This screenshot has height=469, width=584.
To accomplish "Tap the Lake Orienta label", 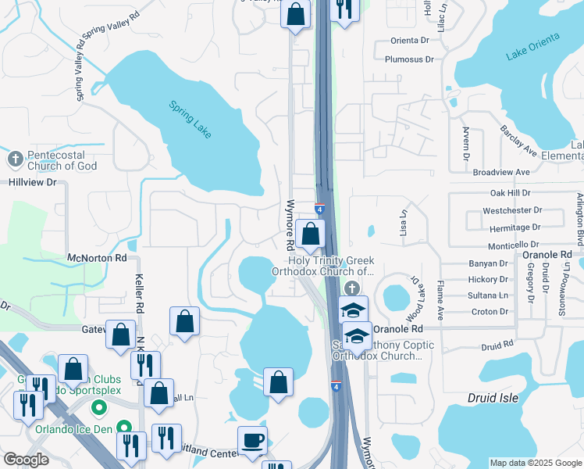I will (533, 46).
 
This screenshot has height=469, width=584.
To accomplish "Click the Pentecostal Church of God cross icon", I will (15, 159).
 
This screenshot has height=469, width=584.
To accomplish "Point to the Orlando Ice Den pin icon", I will (123, 428).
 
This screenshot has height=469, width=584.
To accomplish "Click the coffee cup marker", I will (252, 440).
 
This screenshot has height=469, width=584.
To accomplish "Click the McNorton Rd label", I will (97, 257).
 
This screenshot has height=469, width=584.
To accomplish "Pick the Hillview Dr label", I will (34, 182).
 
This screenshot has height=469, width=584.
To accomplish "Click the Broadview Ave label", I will (501, 172).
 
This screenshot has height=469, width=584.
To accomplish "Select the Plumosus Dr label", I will (409, 59).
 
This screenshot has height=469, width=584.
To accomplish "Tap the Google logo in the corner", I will (25, 460).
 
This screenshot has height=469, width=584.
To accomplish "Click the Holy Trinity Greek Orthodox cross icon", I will (352, 289).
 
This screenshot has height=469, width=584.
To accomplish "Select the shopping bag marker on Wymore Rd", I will (310, 234).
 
